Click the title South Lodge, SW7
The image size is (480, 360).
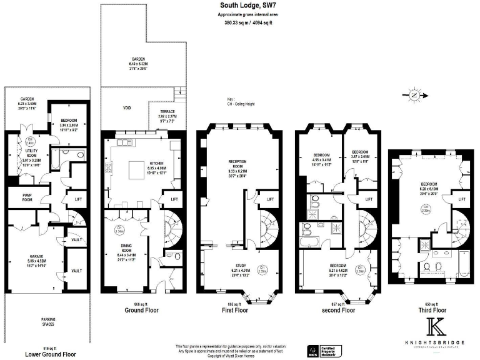click(x=248, y=6)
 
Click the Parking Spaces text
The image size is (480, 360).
click(x=44, y=322)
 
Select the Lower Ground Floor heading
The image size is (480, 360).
click(x=50, y=354)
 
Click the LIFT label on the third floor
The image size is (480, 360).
click(x=462, y=199)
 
